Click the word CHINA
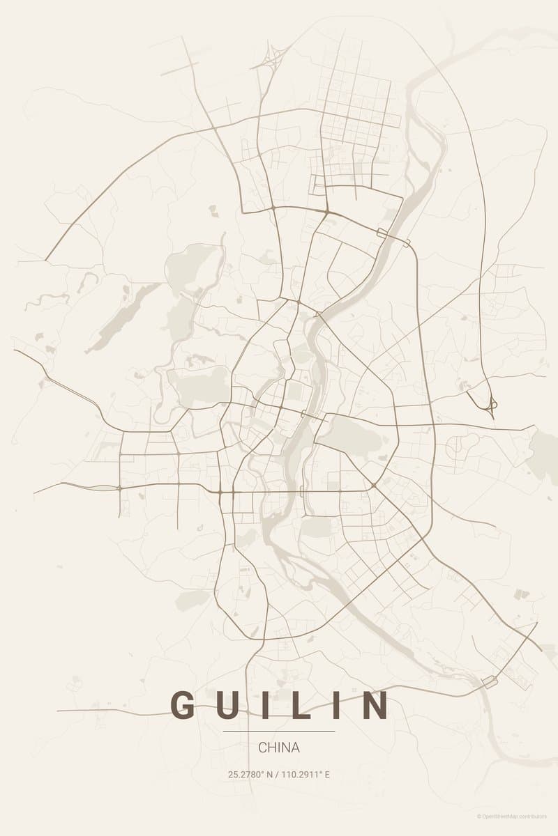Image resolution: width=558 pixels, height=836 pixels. pos(279,748)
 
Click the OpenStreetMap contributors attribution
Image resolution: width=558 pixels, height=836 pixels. pos(516,816)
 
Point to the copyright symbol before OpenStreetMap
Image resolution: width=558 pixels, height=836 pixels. pos(479,816)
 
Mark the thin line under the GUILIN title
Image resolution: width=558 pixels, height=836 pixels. pos(279,731)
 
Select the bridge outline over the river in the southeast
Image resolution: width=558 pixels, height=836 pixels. pos(490,682)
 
